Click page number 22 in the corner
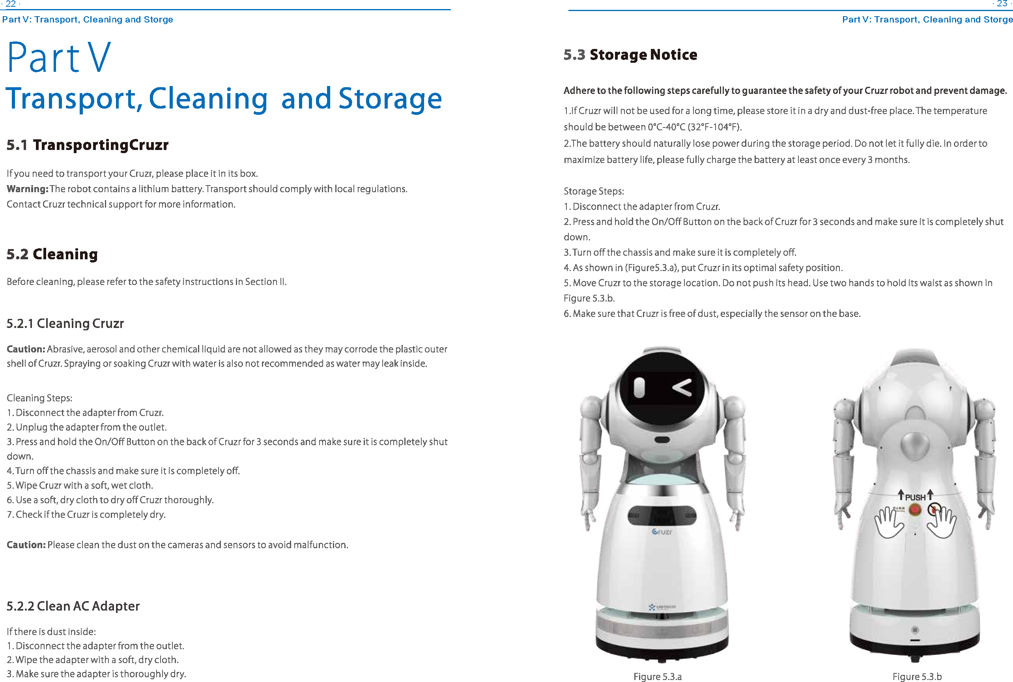coord(10,4)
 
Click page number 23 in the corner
coord(1002,4)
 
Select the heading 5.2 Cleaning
coord(52,254)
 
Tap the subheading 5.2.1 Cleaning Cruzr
coord(65,323)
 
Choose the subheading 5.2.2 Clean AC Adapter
coord(73,606)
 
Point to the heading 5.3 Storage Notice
coord(630,55)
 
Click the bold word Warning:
coord(27,189)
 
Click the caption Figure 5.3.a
coord(657,676)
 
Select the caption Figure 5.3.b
coord(916,676)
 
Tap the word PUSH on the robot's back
coord(915,497)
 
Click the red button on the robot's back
coord(915,509)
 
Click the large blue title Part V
coord(59,57)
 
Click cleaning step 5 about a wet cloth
coord(80,485)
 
